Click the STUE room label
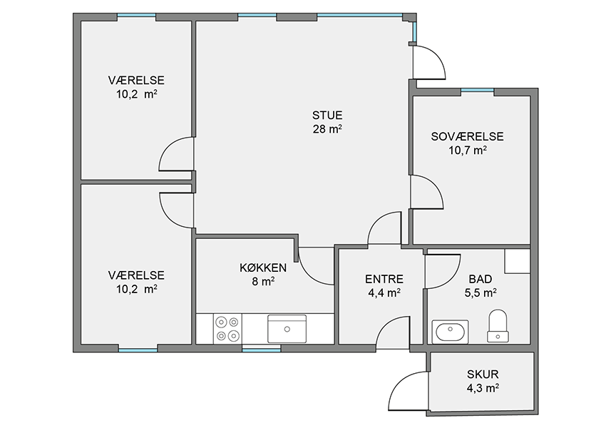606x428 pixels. [x=327, y=116]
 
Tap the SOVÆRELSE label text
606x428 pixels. [x=467, y=136]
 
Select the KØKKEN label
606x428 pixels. [x=263, y=267]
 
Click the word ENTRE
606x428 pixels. [x=384, y=279]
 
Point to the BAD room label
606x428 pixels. [x=481, y=279]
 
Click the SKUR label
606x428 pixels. [x=483, y=374]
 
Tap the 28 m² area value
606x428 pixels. [x=327, y=129]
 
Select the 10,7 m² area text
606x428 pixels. [x=467, y=151]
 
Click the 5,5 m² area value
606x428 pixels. [x=481, y=293]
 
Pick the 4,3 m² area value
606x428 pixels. [x=483, y=388]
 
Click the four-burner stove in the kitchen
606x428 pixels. [x=227, y=329]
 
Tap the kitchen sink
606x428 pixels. [x=287, y=329]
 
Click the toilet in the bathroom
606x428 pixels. [x=498, y=325]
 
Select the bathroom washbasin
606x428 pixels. [x=450, y=332]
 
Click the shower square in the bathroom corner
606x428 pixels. [x=517, y=261]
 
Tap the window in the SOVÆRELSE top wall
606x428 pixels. [x=477, y=91]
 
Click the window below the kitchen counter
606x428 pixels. [x=261, y=350]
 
